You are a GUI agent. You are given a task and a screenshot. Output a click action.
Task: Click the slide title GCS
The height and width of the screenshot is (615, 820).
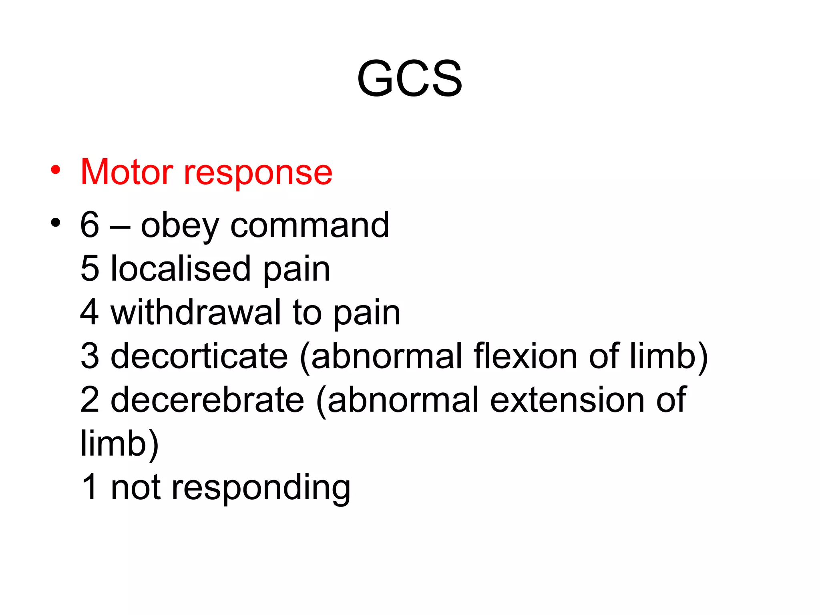tap(410, 78)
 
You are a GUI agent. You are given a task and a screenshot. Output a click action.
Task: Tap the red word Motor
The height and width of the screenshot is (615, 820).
tap(127, 172)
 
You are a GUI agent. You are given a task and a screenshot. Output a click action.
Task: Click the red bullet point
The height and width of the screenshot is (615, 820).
tap(56, 170)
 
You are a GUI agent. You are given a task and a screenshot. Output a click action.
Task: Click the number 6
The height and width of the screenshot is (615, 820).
tap(90, 225)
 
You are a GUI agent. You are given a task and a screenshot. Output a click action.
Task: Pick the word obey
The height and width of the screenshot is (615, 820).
tap(180, 226)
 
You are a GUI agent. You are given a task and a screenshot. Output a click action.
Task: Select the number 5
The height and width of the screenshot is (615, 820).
tap(90, 269)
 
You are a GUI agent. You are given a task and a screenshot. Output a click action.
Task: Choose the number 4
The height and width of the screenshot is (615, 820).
tap(90, 312)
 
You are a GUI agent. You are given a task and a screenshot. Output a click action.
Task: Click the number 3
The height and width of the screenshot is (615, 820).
tap(90, 356)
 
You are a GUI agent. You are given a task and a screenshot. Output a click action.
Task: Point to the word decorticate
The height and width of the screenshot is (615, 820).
tap(199, 356)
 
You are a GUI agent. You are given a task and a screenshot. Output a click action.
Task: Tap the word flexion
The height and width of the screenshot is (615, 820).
tap(525, 356)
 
